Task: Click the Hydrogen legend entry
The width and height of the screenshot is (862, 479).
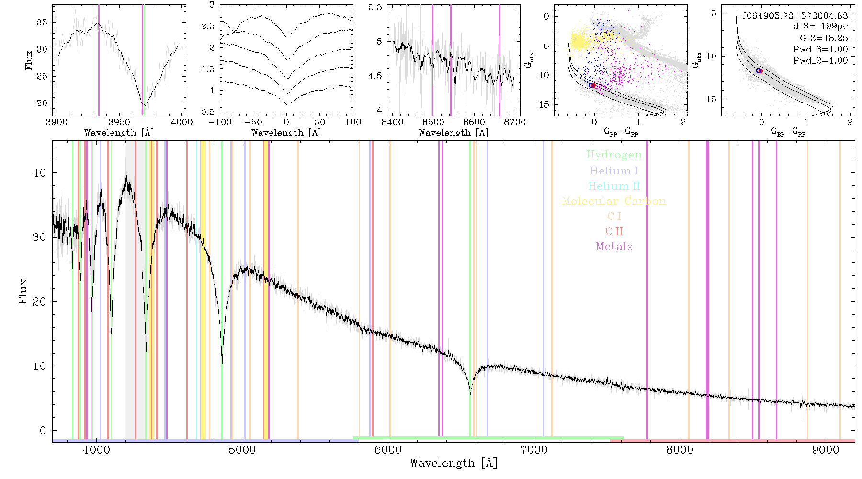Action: tap(614, 155)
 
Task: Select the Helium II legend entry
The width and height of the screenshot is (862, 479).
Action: tap(614, 186)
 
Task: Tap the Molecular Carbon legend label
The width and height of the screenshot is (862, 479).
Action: tap(614, 201)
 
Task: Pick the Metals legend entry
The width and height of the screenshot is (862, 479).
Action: tap(614, 247)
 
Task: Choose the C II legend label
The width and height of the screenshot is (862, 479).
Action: tap(614, 231)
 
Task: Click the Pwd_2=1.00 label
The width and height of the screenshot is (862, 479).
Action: tap(820, 60)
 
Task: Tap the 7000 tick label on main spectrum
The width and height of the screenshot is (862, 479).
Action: tap(533, 450)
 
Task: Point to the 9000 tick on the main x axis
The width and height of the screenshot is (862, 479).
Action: tap(825, 450)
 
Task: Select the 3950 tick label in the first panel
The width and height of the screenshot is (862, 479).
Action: tap(119, 122)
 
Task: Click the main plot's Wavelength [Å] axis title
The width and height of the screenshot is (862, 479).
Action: tap(454, 463)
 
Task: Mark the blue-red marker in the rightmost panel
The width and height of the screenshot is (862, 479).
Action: tap(759, 71)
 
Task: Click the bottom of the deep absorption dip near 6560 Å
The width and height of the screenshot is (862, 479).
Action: tap(470, 394)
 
